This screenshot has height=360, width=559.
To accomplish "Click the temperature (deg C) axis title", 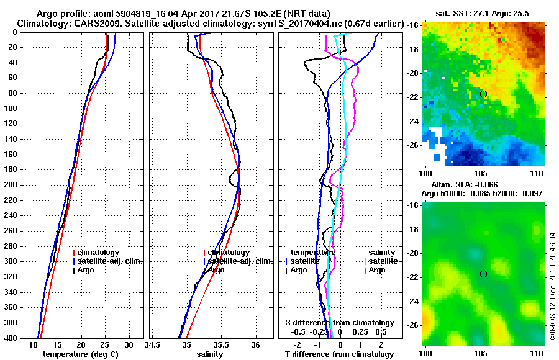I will tap(80, 354).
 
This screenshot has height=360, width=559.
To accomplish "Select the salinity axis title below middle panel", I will tap(209, 354).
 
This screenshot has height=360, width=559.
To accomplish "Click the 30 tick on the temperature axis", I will tap(129, 344).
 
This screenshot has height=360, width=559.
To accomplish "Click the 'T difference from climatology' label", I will tap(339, 354).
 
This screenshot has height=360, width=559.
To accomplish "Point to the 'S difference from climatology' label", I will tap(339, 323).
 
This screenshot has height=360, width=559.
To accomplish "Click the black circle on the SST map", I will tap(483, 94).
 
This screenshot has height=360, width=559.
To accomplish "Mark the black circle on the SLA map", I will tap(483, 274).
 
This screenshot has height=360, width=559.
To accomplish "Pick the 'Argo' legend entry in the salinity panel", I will tap(217, 270).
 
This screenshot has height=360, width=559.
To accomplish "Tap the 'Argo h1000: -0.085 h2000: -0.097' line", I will tap(482, 194).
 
